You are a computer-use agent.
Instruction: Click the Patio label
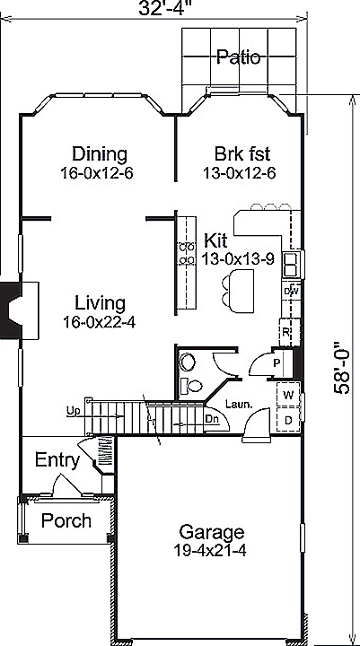(238, 58)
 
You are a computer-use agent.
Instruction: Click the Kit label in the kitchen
(215, 241)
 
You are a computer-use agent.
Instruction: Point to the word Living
(100, 302)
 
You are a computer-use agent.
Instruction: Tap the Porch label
(66, 520)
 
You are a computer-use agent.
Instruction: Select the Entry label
(57, 460)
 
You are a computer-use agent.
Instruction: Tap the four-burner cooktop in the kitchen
(187, 254)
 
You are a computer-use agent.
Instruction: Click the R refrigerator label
(285, 332)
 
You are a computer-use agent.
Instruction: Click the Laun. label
(237, 404)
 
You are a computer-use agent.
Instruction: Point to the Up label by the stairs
(73, 411)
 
